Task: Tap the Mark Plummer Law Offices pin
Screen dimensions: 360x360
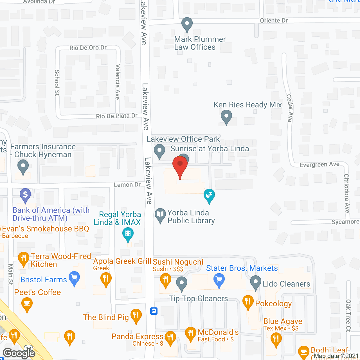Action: (187, 24)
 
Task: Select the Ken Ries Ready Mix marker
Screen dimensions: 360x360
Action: (226, 117)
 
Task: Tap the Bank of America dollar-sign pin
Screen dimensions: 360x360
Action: (25, 195)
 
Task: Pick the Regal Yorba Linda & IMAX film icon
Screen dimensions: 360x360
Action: (128, 234)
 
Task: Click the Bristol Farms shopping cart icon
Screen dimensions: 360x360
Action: (74, 278)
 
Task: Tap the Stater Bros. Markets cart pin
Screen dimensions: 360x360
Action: (219, 280)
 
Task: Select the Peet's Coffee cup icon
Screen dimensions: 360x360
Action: (27, 304)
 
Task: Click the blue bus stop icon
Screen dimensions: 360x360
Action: (154, 311)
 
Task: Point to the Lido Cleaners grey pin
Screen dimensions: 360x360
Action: (256, 282)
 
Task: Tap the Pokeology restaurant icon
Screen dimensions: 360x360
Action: (248, 302)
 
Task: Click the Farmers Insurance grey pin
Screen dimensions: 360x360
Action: (23, 166)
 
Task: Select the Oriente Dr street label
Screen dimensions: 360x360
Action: (274, 21)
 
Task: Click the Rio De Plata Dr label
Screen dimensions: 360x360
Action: (117, 116)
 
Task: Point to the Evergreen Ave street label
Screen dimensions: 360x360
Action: (319, 165)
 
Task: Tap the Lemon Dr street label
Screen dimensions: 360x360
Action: (127, 185)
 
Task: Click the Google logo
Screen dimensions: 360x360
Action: (19, 353)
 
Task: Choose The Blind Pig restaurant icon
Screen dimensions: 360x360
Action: (136, 315)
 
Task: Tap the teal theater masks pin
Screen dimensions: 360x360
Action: (209, 195)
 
